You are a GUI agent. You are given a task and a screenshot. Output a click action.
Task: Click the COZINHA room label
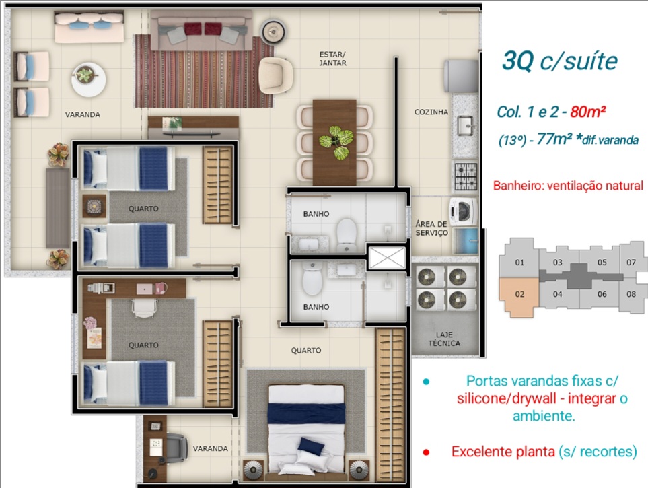[x=431, y=112]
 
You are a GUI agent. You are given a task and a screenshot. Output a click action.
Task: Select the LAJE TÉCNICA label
[x=444, y=339]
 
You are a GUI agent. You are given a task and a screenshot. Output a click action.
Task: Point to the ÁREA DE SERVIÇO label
[x=431, y=228]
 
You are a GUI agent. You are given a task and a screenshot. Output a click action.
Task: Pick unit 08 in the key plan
[x=631, y=293]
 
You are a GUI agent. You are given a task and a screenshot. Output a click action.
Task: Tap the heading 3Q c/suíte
[x=559, y=61]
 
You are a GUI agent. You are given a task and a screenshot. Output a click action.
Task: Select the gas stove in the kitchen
[x=465, y=176]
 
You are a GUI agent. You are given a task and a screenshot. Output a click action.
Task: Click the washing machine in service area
[x=464, y=211]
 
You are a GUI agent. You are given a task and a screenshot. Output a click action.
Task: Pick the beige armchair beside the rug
[x=276, y=73]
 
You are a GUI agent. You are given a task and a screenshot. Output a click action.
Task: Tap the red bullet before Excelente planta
[x=426, y=452]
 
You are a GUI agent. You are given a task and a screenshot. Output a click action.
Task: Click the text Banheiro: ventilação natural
[x=567, y=186]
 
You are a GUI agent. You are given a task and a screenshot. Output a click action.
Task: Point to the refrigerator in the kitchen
[x=462, y=75]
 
